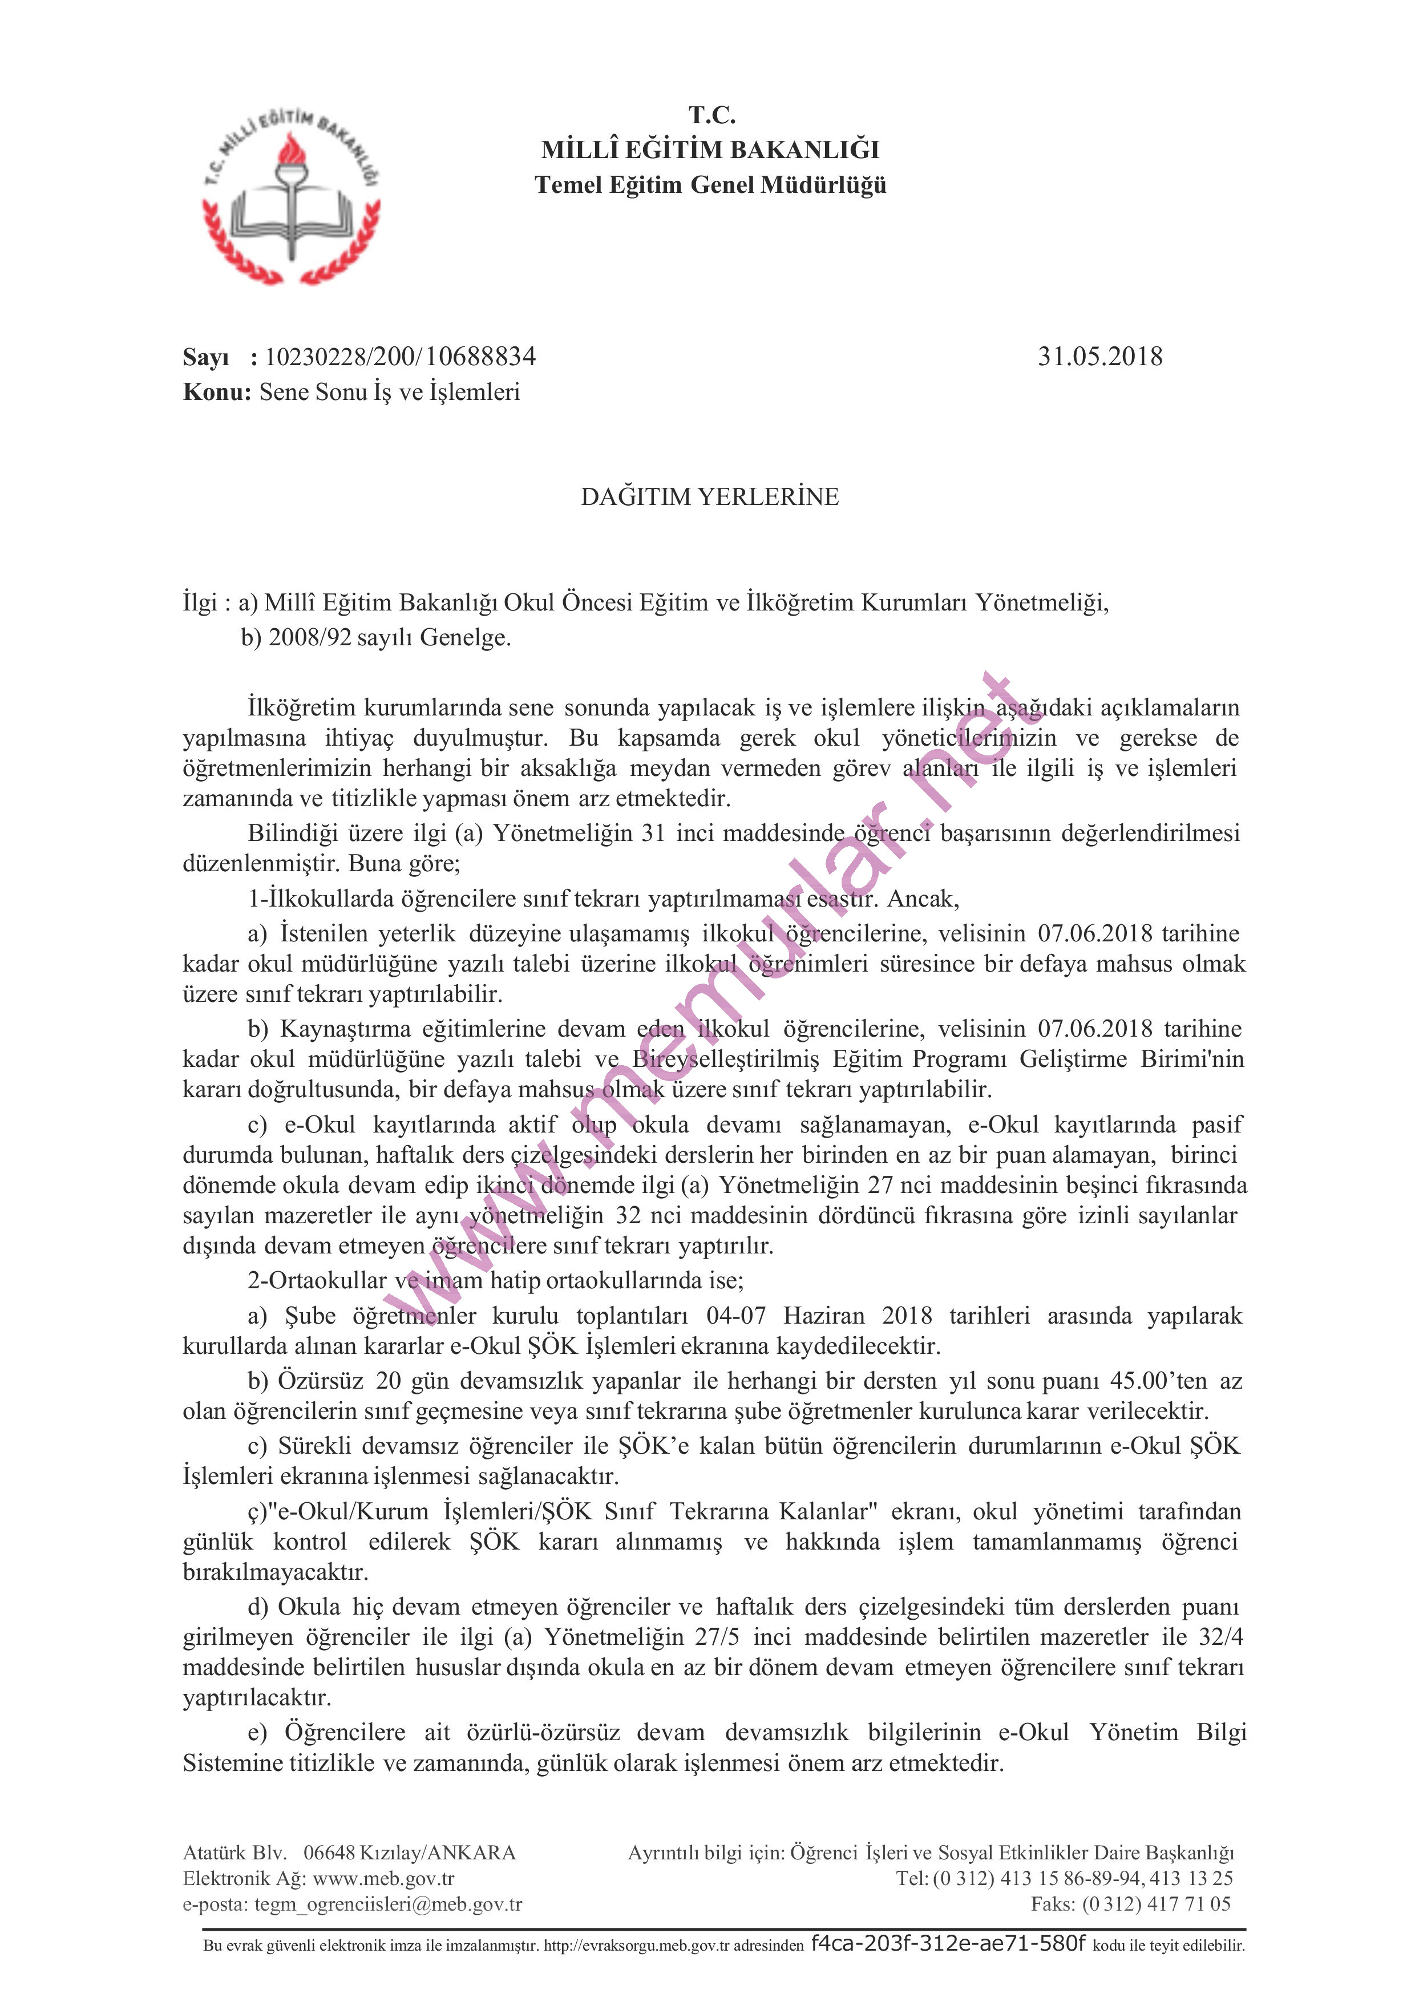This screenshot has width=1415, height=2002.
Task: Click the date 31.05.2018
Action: [1099, 357]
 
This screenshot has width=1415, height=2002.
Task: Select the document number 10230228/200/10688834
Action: [400, 357]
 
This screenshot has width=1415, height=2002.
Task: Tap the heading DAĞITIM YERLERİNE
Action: [710, 497]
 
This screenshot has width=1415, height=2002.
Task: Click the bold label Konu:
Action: [217, 393]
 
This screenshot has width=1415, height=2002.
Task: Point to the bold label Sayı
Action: [206, 358]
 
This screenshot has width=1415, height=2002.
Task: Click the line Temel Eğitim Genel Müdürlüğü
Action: [710, 185]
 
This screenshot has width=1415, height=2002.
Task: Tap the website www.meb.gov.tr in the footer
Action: [383, 1878]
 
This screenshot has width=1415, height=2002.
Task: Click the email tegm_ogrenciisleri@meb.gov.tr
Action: [388, 1903]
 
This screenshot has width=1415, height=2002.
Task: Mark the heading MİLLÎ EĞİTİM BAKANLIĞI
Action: [710, 150]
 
